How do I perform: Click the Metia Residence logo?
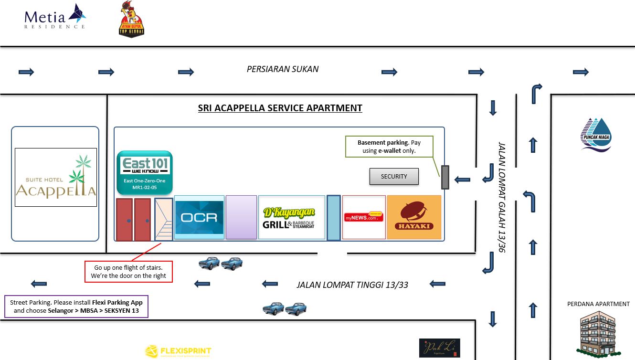click(55, 17)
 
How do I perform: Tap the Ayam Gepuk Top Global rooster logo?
click(131, 20)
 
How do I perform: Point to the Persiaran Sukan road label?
click(283, 69)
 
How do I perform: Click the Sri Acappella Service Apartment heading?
click(280, 108)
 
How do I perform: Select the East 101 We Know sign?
click(145, 171)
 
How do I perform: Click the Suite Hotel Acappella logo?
click(56, 177)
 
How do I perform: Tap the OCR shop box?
click(199, 217)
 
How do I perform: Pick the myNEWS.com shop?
click(364, 217)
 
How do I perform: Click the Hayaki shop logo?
click(414, 217)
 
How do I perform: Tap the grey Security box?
click(394, 177)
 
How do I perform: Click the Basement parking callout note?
click(389, 147)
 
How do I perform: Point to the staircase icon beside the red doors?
click(163, 219)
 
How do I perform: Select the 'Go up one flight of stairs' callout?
click(128, 272)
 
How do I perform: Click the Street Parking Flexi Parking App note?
click(76, 307)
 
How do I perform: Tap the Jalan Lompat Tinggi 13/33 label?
click(352, 285)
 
